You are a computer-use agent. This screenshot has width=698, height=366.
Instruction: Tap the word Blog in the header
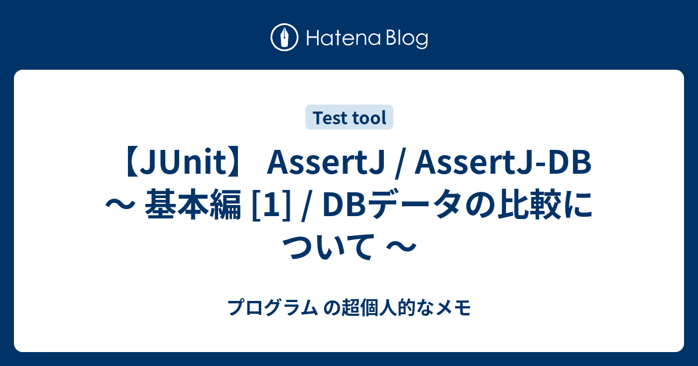pyautogui.click(x=405, y=39)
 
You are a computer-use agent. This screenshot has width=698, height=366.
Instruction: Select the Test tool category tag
pyautogui.click(x=349, y=118)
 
